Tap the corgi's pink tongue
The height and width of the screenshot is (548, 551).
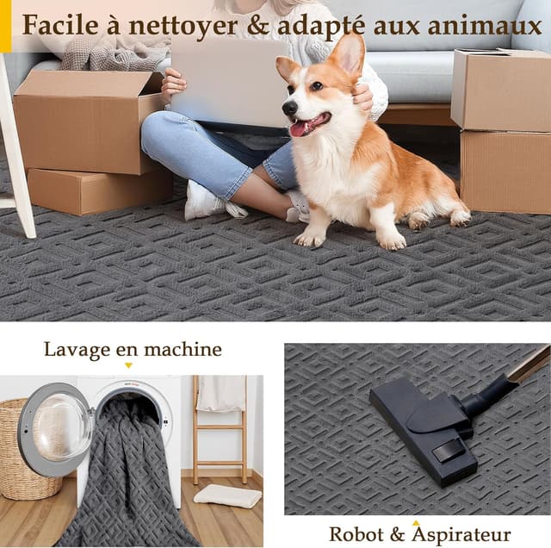click(x=299, y=129)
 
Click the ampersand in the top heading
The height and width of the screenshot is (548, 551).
click(x=257, y=25)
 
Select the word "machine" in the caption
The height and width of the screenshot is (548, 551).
click(x=183, y=350)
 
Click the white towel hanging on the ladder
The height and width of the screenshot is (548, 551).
click(x=221, y=394)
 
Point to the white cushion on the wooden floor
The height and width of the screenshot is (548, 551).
click(x=227, y=496)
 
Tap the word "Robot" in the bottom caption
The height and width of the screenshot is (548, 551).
click(x=356, y=534)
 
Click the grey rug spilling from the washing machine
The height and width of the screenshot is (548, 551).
click(x=129, y=483)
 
